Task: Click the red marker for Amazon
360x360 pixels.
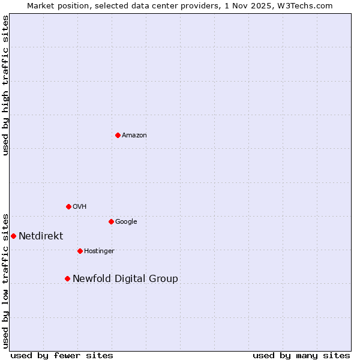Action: [x=118, y=135]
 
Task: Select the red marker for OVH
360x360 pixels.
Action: [x=68, y=206]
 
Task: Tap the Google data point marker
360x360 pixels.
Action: [x=111, y=221]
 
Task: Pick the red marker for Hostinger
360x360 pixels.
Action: [x=80, y=251]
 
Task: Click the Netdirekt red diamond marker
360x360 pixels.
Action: [x=13, y=236]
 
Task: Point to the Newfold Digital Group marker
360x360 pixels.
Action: [x=67, y=278]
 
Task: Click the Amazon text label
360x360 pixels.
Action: [x=134, y=136]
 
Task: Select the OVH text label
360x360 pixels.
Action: [x=80, y=207]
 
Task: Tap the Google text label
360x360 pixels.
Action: [x=126, y=222]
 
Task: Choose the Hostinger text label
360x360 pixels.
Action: [x=99, y=251]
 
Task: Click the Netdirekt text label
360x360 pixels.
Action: [x=41, y=236]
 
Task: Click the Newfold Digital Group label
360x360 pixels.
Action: [x=125, y=279]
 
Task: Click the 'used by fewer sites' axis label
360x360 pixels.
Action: [x=62, y=355]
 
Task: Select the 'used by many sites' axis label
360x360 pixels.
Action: [x=301, y=355]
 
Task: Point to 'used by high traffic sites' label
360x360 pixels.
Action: [x=6, y=85]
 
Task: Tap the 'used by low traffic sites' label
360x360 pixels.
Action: [x=6, y=280]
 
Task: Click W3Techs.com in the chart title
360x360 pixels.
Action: [x=307, y=5]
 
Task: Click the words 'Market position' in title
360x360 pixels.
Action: [x=56, y=5]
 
